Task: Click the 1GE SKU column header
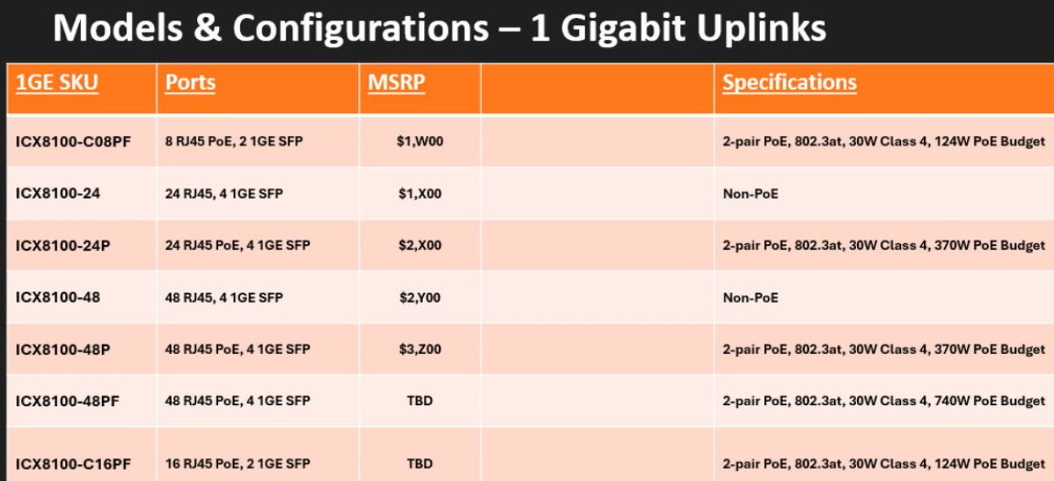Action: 57,83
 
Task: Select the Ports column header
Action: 190,83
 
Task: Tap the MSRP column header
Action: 396,83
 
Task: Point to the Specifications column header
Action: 789,83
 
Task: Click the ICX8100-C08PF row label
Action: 73,142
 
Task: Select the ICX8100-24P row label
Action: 63,246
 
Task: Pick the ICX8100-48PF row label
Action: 68,401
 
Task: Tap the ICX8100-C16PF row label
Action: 73,464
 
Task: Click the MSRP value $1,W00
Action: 419,142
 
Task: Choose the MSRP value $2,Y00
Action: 419,298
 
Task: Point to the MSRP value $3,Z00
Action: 419,349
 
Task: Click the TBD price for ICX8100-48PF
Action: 419,400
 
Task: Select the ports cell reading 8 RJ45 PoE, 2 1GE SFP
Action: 234,141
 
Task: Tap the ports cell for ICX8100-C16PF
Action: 237,464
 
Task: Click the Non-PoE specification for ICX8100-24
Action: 750,194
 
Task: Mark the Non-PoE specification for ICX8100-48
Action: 750,298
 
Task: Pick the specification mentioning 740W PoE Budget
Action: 884,401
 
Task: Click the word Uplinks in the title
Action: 761,28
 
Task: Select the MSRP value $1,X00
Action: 419,194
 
